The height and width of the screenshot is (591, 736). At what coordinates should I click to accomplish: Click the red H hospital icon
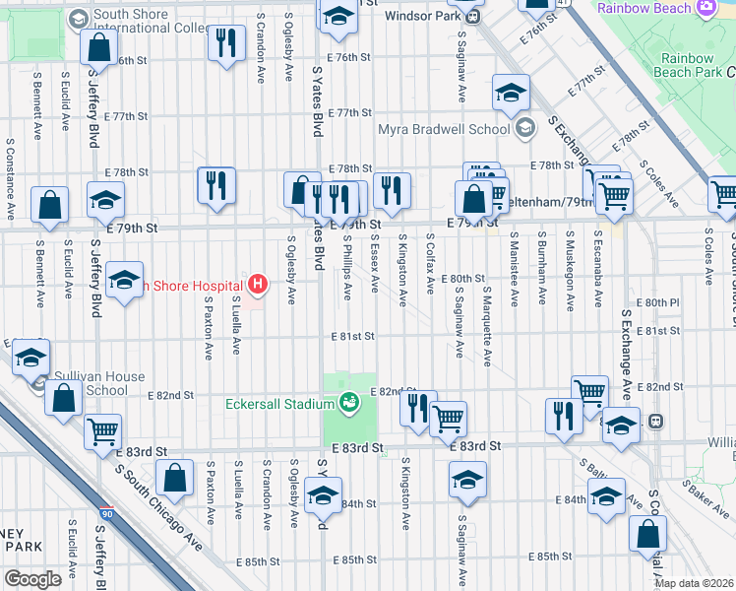coord(258,286)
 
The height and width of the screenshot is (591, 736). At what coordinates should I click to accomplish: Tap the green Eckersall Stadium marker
coord(348,401)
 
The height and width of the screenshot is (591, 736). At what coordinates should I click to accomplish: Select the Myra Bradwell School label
coord(445,129)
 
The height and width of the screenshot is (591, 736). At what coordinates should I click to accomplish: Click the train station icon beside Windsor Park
coord(473,17)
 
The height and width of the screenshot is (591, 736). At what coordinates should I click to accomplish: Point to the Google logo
coord(32,579)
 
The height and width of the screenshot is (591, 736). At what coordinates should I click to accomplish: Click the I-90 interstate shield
coord(106,514)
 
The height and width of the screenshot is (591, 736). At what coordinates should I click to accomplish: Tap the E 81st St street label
coord(352,336)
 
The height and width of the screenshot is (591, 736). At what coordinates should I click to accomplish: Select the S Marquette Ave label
coord(487,326)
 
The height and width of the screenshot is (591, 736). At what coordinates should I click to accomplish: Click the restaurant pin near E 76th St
coord(227,42)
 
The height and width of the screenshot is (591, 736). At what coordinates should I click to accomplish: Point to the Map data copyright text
coord(694,583)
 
